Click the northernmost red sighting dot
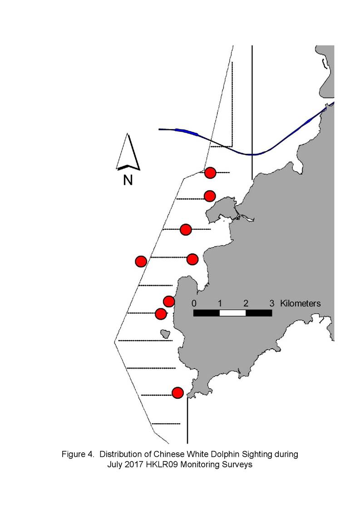(210, 173)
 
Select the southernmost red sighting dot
(178, 393)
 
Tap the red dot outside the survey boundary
(141, 261)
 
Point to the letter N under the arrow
(128, 180)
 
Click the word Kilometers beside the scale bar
(301, 303)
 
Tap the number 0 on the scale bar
(194, 303)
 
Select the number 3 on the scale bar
(272, 303)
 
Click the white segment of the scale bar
(232, 313)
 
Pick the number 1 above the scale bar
(220, 303)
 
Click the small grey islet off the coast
(166, 333)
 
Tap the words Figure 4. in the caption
(78, 454)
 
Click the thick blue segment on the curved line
(187, 131)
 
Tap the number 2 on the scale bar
(246, 303)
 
